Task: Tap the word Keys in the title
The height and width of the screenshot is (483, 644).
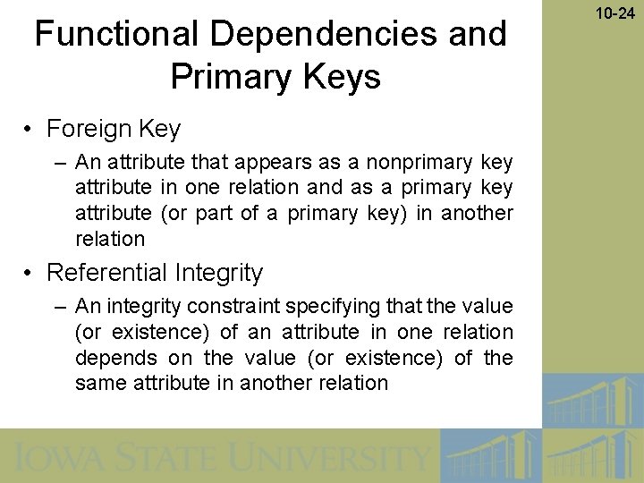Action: [343, 77]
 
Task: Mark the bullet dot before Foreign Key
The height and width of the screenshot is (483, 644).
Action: [30, 130]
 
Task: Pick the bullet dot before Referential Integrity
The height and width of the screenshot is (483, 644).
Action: [30, 273]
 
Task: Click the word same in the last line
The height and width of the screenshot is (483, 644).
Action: [100, 384]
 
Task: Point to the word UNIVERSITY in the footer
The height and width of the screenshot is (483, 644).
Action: [332, 458]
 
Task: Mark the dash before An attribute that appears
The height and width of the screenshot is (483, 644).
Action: [60, 162]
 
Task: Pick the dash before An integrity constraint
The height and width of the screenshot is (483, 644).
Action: [60, 306]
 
